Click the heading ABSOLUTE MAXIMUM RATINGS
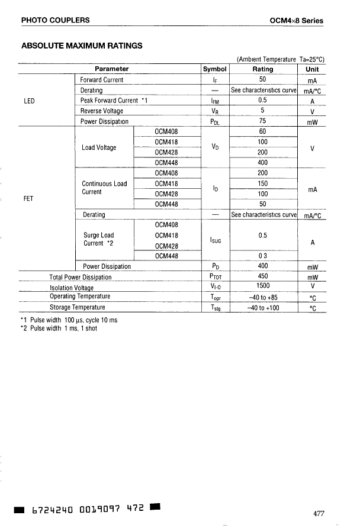tap(82, 45)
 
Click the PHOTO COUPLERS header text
tap(55, 20)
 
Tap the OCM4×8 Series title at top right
tap(296, 20)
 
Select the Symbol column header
tap(215, 69)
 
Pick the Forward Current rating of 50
tap(263, 79)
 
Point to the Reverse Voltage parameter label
tap(102, 111)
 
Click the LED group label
tap(29, 101)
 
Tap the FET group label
tap(28, 198)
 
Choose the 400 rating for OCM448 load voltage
tap(263, 162)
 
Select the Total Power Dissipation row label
tap(80, 277)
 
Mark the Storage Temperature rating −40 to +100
tap(263, 308)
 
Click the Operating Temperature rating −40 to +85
tap(263, 297)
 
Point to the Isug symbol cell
tap(216, 240)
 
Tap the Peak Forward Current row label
tap(114, 101)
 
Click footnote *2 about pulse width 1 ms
tap(59, 329)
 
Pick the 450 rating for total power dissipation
tap(263, 276)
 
